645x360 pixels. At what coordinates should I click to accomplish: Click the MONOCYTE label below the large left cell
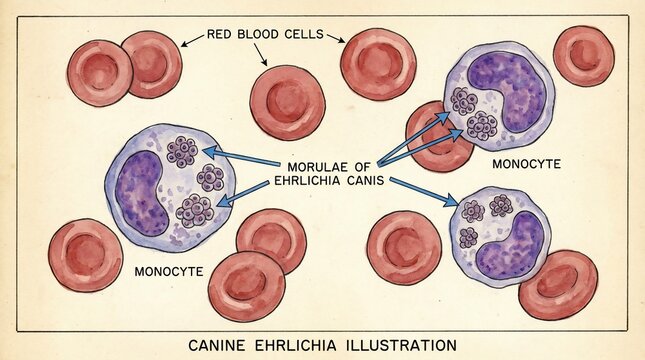pyautogui.click(x=169, y=271)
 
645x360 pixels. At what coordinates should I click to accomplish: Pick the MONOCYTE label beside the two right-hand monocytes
pyautogui.click(x=527, y=163)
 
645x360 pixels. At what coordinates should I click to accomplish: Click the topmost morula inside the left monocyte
pyautogui.click(x=182, y=151)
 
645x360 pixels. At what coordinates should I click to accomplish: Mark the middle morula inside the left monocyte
pyautogui.click(x=210, y=178)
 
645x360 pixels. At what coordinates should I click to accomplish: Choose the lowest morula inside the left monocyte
pyautogui.click(x=193, y=210)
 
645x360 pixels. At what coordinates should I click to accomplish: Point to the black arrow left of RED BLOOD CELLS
pyautogui.click(x=193, y=40)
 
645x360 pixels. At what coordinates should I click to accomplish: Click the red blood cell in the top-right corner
pyautogui.click(x=583, y=56)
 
